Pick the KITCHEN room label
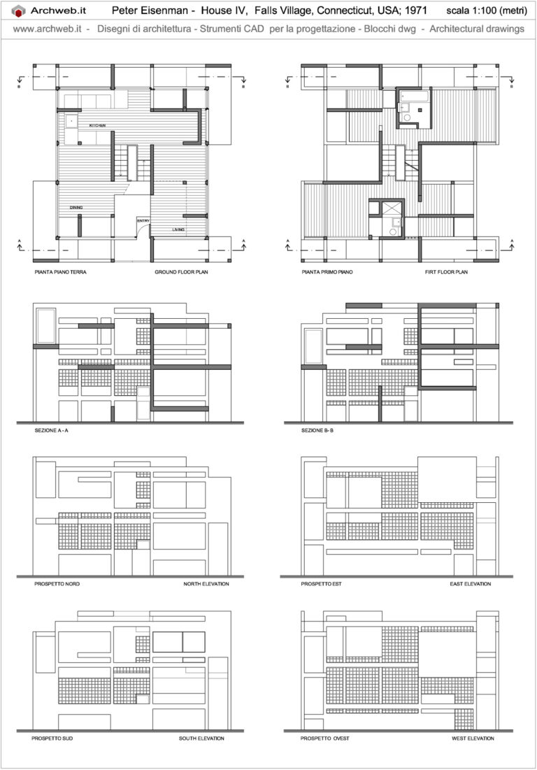(x=97, y=125)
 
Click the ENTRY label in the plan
(x=143, y=222)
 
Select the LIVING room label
(x=178, y=229)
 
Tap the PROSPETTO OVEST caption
(x=325, y=739)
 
